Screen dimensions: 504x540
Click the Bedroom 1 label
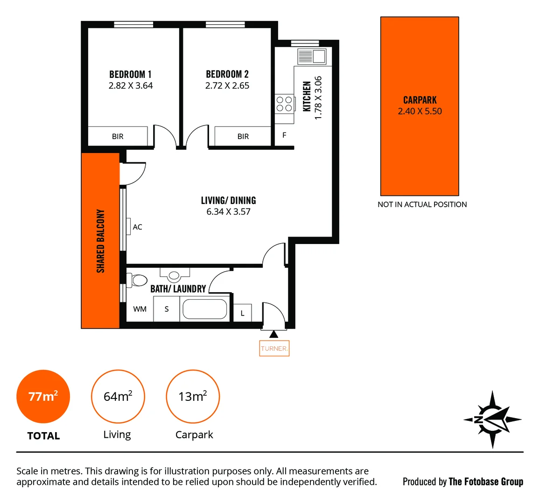130,74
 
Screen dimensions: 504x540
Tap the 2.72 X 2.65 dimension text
227,86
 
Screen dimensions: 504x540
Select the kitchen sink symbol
312,56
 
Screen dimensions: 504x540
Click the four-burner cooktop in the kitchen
284,104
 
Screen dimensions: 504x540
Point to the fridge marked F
284,135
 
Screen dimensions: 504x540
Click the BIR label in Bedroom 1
118,136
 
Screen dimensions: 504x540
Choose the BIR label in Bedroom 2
243,136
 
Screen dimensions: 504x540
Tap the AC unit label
137,227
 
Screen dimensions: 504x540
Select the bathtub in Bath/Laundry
204,309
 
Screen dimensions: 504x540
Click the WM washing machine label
140,309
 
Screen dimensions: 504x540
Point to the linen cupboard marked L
242,313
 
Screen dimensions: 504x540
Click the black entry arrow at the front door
274,334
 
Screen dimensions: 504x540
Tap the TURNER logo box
274,349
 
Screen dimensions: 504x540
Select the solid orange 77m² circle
43,397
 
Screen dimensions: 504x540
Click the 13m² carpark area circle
193,397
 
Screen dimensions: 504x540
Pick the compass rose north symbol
492,419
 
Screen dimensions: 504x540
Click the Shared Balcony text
100,241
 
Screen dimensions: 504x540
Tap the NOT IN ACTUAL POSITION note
422,204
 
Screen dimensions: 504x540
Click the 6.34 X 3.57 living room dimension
228,212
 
